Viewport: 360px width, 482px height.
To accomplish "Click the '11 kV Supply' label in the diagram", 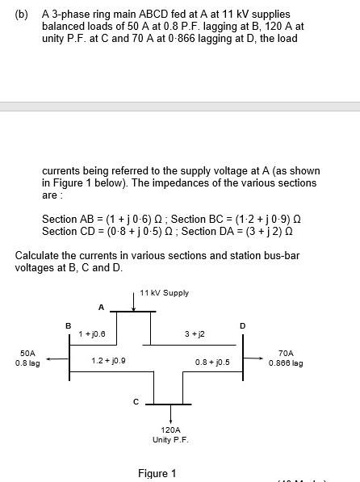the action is pos(164,292).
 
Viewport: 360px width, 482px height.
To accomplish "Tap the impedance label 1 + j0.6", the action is pos(93,332).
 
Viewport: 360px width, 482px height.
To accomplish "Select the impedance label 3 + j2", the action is pos(195,333).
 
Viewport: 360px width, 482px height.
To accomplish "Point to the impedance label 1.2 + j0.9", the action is pos(107,361).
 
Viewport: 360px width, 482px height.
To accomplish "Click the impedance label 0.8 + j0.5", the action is pos(213,362).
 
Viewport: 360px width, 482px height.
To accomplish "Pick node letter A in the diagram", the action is pos(101,307).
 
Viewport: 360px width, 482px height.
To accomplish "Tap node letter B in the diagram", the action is pos(68,325).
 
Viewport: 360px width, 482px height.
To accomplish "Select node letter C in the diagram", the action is pos(136,400).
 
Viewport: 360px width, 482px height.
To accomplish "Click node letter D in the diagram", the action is pos(241,325).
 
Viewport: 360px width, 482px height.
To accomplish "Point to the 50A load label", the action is pos(27,353).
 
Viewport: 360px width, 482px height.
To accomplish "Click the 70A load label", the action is pos(286,353).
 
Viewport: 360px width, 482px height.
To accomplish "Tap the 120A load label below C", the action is pos(170,430).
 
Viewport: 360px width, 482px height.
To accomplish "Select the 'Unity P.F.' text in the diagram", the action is pos(170,440).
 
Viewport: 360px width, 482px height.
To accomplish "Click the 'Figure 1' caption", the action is pos(157,473).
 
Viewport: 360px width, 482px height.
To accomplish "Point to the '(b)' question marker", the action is pos(22,15).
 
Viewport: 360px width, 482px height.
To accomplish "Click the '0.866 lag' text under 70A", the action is pos(286,363).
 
